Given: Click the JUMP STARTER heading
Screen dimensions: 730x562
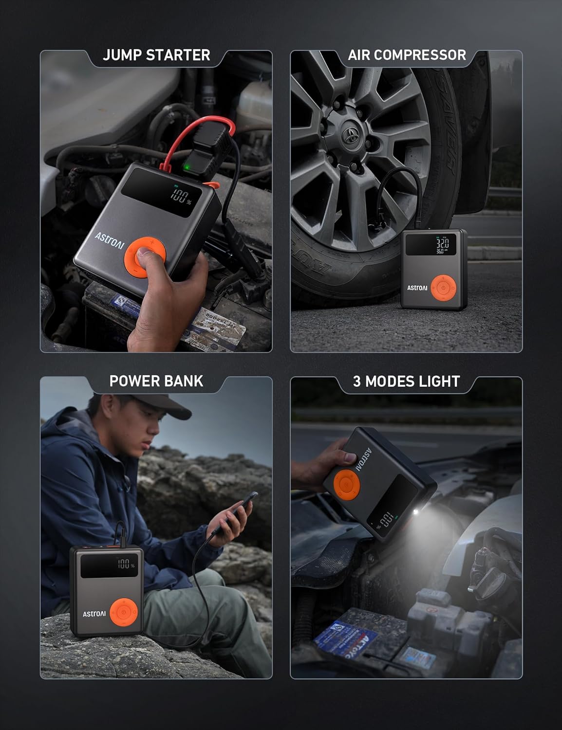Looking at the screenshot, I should click(156, 55).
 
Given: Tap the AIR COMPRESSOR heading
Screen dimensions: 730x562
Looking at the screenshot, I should click(407, 55).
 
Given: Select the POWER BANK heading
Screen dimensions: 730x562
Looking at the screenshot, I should click(156, 381).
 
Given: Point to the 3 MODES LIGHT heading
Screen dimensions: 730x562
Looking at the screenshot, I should click(406, 381).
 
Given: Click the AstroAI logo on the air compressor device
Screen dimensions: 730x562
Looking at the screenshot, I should click(417, 288).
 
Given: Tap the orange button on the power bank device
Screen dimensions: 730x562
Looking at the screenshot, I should click(124, 613).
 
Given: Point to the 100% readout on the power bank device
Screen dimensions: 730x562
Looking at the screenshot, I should click(125, 565).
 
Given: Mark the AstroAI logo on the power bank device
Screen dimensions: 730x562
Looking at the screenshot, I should click(94, 614).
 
